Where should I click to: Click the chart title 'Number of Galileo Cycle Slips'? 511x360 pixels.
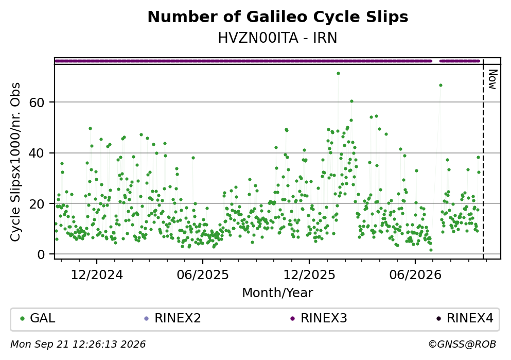pos(278,17)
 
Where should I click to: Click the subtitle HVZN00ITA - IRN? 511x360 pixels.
pos(278,38)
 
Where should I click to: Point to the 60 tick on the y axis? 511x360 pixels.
pos(37,102)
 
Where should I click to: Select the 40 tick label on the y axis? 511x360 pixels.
pos(37,153)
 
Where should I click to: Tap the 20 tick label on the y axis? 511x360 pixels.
pos(37,204)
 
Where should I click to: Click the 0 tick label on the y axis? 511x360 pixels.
pos(41,254)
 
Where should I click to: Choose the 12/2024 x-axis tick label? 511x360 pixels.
pos(97,275)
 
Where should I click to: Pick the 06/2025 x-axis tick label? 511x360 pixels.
pos(203,275)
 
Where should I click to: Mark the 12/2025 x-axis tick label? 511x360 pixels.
pos(309,275)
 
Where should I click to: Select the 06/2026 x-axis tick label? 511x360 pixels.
pos(415,275)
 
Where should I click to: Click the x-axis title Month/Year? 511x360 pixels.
pos(278,293)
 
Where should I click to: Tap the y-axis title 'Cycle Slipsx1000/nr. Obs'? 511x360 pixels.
pos(15,162)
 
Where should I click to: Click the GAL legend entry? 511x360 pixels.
pos(38,318)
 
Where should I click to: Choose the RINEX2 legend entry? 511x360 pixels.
pos(173,318)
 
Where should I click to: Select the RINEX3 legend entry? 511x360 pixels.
pos(319,318)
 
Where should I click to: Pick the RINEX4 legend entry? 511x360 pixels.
pos(465,318)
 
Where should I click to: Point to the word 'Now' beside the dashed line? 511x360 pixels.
pos(492,79)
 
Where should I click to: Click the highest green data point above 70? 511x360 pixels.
pos(338,73)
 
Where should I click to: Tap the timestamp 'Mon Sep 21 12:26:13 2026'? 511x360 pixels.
pos(78,345)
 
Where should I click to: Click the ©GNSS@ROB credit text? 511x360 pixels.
pos(462,345)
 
